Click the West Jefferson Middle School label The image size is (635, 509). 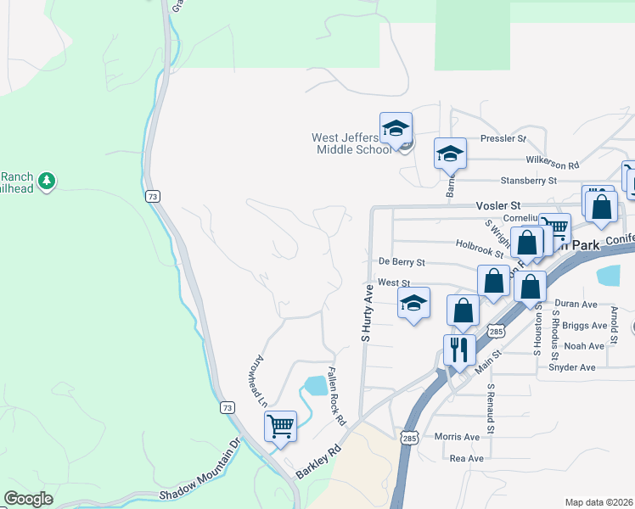coord(350,143)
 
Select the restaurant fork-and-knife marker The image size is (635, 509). coord(459,348)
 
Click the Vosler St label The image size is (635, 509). coord(497,205)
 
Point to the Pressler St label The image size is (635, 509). coord(503,138)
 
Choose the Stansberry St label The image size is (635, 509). coord(528,180)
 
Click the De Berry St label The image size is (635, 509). coord(402,263)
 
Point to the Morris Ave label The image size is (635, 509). coord(457,437)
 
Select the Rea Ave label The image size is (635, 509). coord(466,458)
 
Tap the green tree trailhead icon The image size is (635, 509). coord(47,180)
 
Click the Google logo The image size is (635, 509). coord(28,499)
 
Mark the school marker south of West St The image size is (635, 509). coord(413,304)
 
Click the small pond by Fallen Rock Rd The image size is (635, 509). coord(315,386)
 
